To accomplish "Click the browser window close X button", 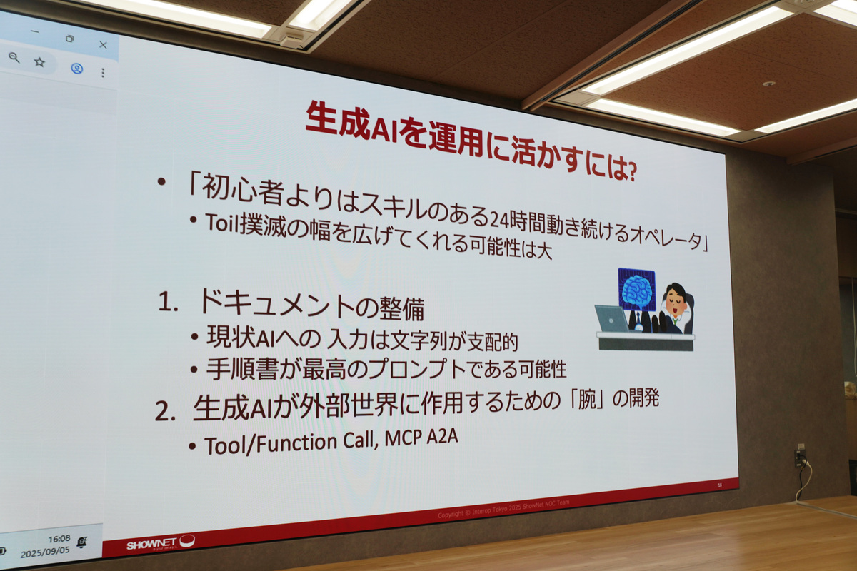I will point(103,44).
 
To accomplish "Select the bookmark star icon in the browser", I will point(39,62).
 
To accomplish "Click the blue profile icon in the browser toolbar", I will point(76,69).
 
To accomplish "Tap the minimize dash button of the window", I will point(34,32).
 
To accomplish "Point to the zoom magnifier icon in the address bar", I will point(14,57).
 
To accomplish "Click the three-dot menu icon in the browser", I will point(103,73).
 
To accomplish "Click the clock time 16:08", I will point(59,539).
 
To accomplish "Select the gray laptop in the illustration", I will point(611,319).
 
